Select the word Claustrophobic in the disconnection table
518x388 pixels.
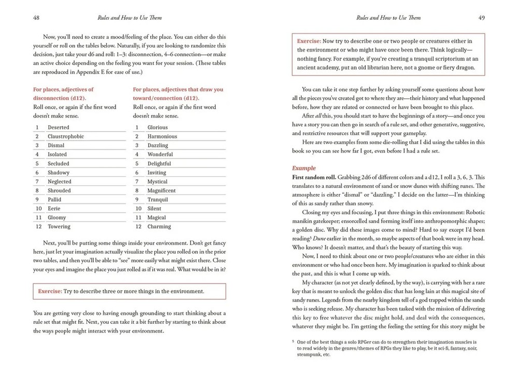(66, 136)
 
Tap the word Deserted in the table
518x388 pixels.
(59, 127)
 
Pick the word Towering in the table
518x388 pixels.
(59, 227)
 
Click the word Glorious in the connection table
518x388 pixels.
(157, 127)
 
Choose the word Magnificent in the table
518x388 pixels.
(162, 190)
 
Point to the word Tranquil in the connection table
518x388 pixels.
(157, 200)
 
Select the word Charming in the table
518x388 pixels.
(159, 227)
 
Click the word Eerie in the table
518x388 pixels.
(54, 208)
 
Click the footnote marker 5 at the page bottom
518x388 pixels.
(294, 341)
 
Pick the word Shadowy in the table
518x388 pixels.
(59, 172)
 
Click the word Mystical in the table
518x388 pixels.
(157, 182)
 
